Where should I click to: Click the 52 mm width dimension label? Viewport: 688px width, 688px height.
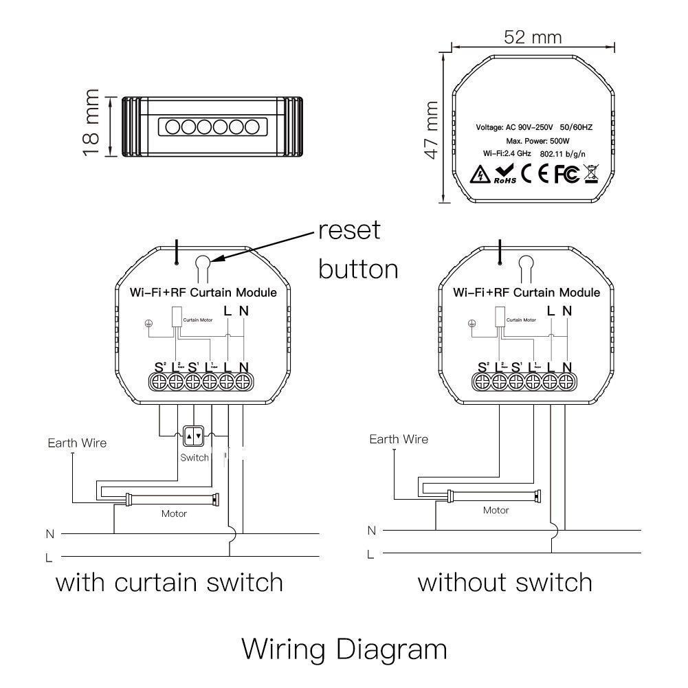532,36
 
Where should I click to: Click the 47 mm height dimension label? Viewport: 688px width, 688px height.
431,130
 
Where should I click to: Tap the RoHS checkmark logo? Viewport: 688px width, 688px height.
504,175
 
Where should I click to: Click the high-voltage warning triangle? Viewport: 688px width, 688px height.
478,175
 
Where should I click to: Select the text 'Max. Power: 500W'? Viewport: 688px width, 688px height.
533,140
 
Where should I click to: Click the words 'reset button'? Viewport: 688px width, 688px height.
358,249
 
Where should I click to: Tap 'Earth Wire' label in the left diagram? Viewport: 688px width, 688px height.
77,443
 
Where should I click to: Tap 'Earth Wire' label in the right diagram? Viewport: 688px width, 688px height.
399,439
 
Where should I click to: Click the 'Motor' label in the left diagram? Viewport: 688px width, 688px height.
174,513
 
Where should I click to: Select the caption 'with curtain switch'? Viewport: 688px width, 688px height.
169,583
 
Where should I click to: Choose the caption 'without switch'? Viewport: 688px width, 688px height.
505,583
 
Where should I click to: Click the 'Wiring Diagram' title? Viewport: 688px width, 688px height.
344,648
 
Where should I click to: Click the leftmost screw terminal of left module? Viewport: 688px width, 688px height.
159,381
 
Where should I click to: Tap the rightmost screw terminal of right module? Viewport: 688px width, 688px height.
566,381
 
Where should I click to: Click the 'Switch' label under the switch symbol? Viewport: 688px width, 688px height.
195,458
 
